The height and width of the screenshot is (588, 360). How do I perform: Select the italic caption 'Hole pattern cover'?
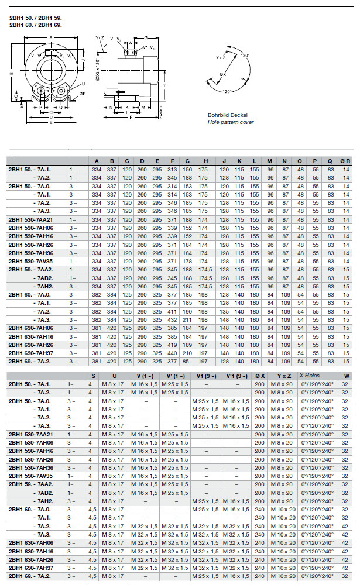pos(231,122)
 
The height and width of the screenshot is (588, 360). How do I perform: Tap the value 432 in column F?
pos(172,320)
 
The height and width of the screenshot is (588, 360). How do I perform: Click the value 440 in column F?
pos(172,353)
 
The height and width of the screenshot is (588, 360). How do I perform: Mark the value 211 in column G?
pos(187,320)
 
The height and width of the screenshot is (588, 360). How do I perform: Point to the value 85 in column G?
pos(187,361)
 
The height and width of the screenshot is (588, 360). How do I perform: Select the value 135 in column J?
pos(223,312)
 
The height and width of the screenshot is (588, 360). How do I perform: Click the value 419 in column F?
pos(172,345)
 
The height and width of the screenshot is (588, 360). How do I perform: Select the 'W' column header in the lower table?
pos(346,375)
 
